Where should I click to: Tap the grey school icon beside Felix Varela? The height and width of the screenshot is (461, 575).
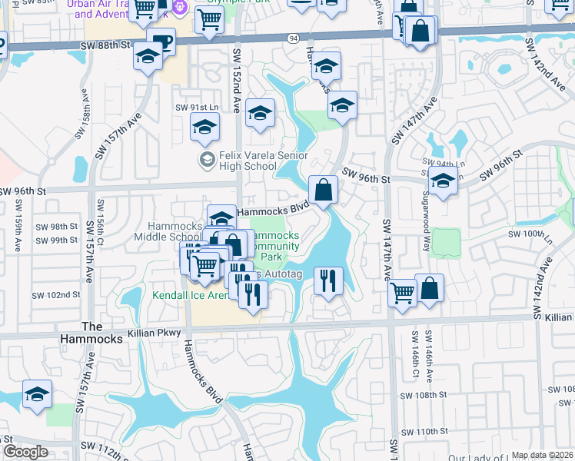click(206, 160)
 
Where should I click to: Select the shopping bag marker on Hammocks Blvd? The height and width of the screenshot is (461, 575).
click(324, 189)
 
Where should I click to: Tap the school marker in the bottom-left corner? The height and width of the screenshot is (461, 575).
click(37, 394)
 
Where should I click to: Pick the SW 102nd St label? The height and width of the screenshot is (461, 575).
click(55, 295)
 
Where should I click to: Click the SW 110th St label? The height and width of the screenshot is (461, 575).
click(428, 432)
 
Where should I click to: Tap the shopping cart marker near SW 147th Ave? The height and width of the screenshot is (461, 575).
click(403, 293)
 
